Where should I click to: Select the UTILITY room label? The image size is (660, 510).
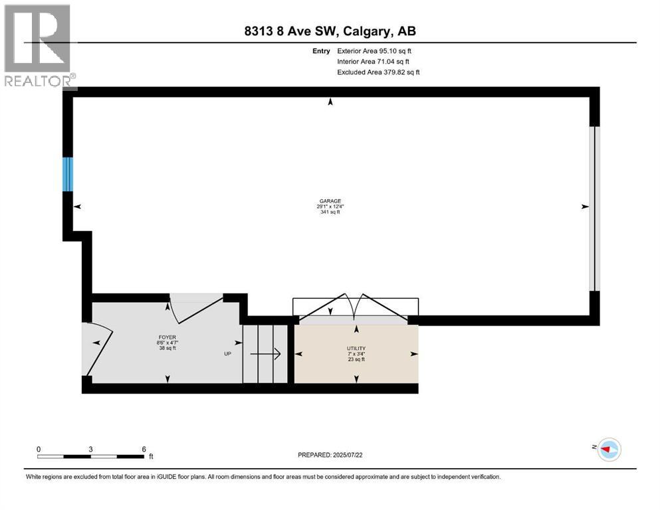356,348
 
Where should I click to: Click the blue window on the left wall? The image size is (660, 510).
67,174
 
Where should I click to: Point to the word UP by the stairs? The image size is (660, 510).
227,353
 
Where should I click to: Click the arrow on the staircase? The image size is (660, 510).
269,355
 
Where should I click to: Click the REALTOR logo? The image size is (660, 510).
39,46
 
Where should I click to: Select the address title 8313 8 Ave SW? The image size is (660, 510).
329,31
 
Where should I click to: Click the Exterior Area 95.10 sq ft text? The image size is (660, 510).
378,50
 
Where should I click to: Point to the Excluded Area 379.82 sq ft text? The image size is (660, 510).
378,72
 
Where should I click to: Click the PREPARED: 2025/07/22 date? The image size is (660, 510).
332,455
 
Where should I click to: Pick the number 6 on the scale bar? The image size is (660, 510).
144,449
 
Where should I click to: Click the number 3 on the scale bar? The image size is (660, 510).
90,449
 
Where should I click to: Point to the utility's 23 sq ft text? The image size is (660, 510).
356,360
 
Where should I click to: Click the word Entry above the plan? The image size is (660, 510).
320,50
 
